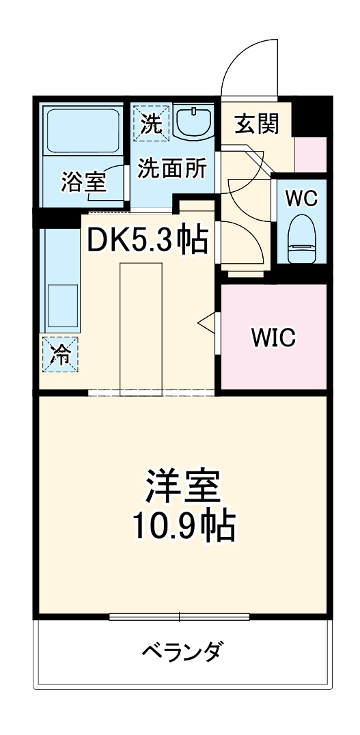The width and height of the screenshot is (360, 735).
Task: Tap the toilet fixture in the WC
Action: [301, 240]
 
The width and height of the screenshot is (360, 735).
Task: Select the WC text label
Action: [301, 198]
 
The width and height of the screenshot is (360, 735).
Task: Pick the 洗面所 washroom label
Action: [171, 168]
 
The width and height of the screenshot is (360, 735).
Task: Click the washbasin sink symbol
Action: [195, 122]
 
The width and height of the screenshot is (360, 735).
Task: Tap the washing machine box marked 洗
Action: [150, 122]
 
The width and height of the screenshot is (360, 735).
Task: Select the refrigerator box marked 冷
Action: [61, 354]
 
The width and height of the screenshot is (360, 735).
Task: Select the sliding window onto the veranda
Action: [180, 618]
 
